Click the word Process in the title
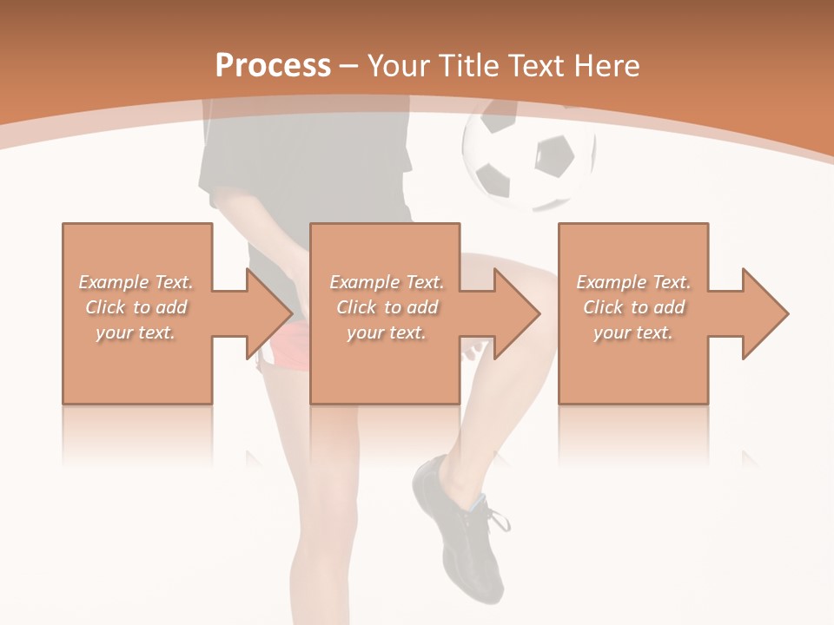pos(273,66)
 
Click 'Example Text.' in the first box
pos(136,282)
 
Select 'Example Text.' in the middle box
pos(387,282)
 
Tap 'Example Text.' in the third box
pos(634,282)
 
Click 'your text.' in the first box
pos(136,332)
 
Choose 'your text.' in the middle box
pos(386,332)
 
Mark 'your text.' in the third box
pos(633,332)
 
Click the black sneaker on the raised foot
pos(460,530)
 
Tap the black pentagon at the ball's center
pos(553,156)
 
